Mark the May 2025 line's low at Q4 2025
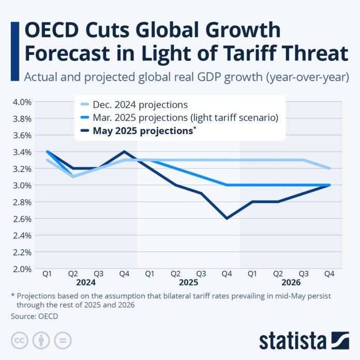click(227, 218)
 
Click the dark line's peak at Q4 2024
click(124, 152)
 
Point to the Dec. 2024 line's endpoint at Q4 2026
click(329, 168)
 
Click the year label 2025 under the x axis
click(188, 283)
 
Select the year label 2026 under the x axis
click(291, 283)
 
